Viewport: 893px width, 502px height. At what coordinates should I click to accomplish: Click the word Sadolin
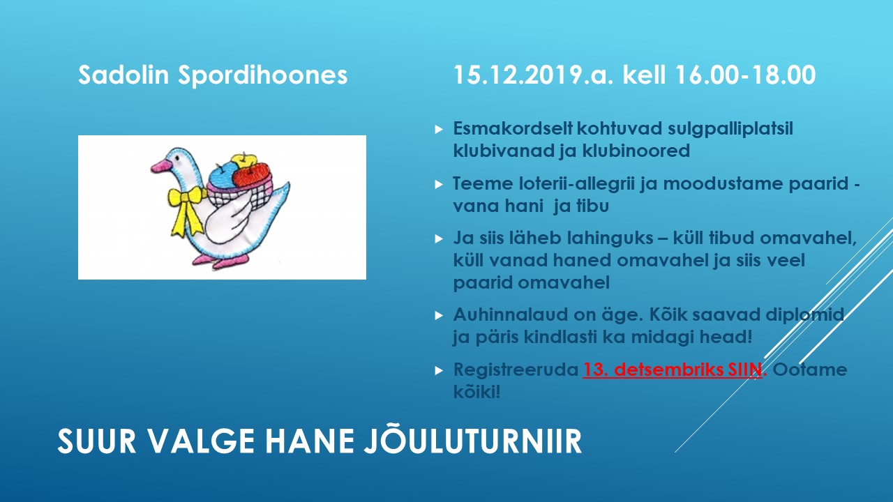coord(123,75)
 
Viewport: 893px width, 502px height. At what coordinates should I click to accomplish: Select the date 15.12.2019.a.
coord(533,75)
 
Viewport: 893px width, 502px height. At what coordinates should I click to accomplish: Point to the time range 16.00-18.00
coord(745,75)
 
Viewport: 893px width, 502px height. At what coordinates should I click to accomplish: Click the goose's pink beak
coord(160,166)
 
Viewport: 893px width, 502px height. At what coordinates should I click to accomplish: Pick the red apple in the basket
coord(251,175)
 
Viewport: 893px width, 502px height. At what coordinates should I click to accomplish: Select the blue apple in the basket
coord(223,175)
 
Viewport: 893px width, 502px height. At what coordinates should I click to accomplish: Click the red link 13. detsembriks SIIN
coord(673,370)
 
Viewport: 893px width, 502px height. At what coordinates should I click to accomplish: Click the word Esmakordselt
coord(513,128)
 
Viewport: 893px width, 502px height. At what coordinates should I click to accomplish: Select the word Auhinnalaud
coord(509,314)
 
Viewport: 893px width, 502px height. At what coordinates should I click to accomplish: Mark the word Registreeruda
coord(516,370)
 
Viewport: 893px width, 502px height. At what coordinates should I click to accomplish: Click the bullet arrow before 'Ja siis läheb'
coord(439,238)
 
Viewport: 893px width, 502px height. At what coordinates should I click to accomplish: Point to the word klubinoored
coord(636,151)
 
